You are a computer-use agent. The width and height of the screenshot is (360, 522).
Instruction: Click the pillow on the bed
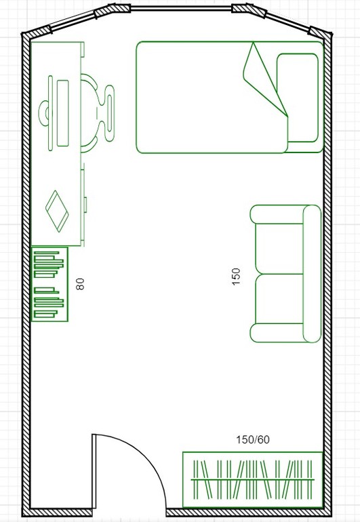[x=298, y=98]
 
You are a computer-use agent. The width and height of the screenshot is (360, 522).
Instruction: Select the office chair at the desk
[x=98, y=113]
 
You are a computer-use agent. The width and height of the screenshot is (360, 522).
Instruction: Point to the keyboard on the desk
[x=62, y=113]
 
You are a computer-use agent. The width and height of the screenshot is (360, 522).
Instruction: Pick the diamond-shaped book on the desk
[x=57, y=211]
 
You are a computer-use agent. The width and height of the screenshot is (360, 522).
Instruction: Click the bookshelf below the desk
[x=49, y=284]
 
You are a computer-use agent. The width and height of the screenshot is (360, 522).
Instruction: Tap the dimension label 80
[x=80, y=284]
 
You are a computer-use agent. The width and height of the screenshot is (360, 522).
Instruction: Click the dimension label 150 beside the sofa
[x=235, y=277]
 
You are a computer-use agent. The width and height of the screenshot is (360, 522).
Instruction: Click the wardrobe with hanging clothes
[x=253, y=479]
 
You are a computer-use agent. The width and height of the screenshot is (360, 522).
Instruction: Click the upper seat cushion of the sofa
[x=279, y=248]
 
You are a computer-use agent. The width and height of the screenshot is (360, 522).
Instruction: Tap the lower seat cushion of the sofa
[x=279, y=298]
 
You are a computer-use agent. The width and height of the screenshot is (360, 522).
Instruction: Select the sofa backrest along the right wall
[x=312, y=274]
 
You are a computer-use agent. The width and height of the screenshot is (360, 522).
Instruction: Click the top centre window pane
[x=181, y=8]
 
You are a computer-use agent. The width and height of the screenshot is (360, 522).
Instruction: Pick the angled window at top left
[x=73, y=22]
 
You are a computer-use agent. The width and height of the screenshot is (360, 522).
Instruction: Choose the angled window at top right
[x=287, y=22]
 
